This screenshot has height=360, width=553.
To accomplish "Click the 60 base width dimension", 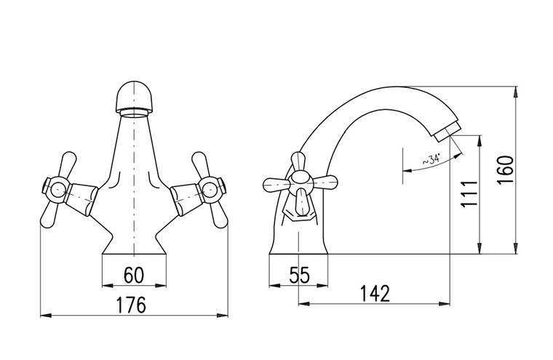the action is click(x=134, y=276).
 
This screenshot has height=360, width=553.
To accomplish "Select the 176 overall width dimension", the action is click(x=131, y=305).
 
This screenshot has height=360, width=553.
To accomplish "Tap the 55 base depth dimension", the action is click(x=300, y=276).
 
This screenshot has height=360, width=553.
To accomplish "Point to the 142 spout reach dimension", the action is click(x=375, y=293).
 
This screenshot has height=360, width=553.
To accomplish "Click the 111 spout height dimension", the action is click(x=469, y=193).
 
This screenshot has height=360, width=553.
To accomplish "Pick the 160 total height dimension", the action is click(x=505, y=170).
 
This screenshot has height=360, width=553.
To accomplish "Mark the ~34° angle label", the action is click(x=432, y=160).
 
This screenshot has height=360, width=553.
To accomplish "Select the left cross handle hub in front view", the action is click(x=57, y=191).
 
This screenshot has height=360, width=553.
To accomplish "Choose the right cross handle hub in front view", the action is click(x=210, y=191).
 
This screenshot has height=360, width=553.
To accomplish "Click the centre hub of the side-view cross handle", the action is click(x=301, y=183).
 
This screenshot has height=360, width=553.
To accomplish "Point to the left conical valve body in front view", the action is click(x=82, y=199).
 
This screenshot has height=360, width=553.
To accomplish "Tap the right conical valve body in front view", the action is click(x=186, y=199).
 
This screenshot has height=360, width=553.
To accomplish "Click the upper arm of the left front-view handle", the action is click(x=68, y=164).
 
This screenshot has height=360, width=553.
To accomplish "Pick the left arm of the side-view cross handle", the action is click(x=276, y=184).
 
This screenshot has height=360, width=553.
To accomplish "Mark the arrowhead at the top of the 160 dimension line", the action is click(x=516, y=92).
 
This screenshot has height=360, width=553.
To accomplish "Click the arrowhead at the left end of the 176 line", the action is click(x=46, y=315).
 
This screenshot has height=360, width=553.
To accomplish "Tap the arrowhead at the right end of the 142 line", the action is click(x=445, y=303).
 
